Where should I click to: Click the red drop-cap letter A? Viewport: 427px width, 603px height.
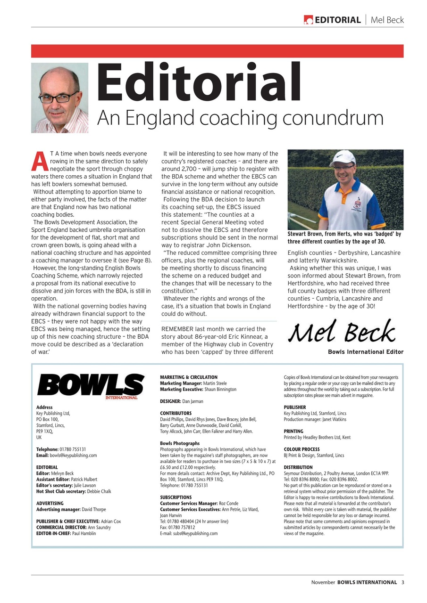(40, 161)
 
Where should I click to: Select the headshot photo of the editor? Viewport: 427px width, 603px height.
(59, 98)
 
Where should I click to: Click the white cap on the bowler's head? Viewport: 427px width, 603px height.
(343, 158)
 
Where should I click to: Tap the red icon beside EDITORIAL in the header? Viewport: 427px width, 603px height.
(308, 20)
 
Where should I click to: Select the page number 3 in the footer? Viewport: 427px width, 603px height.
(402, 582)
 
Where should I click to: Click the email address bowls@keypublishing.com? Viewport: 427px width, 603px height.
(73, 456)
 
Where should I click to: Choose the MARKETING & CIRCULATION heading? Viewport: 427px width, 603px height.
(189, 377)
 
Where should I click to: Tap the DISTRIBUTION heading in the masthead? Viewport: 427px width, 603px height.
(298, 467)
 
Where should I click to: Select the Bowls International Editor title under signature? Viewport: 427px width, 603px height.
(366, 352)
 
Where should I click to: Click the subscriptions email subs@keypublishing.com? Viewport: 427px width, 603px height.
(195, 533)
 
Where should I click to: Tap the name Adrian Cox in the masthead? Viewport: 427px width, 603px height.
(111, 522)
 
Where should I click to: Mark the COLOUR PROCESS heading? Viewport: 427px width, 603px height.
(301, 449)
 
